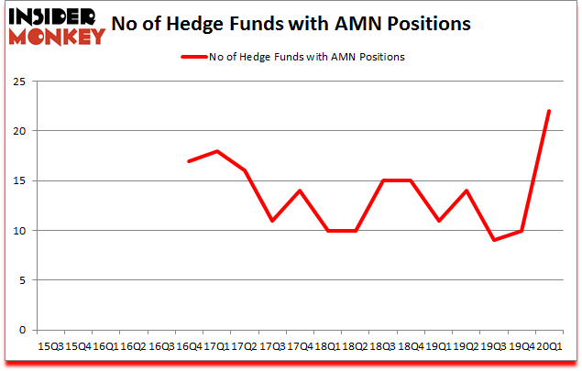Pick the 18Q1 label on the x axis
click(x=327, y=345)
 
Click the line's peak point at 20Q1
click(x=547, y=111)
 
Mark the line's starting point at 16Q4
click(x=189, y=161)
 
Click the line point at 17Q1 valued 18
click(x=216, y=151)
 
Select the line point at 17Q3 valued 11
click(x=271, y=221)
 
